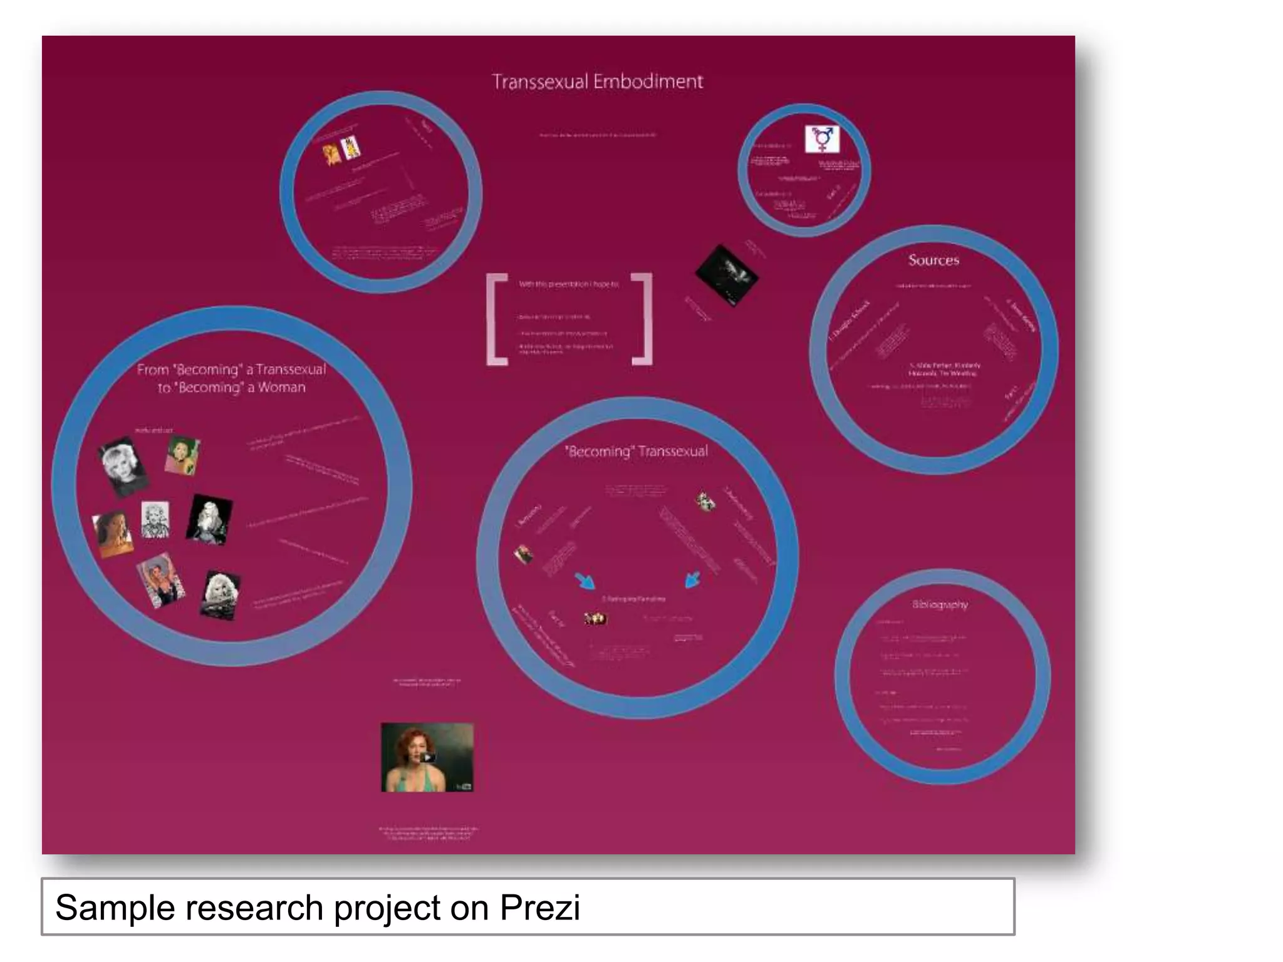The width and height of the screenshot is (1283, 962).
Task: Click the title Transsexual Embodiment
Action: pos(597,81)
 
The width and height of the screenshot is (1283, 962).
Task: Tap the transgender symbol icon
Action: pos(821,138)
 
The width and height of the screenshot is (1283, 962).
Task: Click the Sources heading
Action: pos(933,260)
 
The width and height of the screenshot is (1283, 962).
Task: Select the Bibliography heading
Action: pos(940,604)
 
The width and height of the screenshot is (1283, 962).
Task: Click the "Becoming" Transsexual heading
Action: pos(636,452)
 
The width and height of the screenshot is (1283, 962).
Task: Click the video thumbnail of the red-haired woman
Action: pos(427,757)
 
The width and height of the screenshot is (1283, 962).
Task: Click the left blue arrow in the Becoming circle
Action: pos(586,581)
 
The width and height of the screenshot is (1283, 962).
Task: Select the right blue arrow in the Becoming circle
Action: pos(692,579)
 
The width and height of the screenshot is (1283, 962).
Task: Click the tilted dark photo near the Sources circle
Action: pos(726,275)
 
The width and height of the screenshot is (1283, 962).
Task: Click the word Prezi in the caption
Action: pos(539,908)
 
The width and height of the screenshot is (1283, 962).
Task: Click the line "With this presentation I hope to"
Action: pos(568,284)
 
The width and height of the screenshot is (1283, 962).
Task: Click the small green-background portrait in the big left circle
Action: pos(182,455)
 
